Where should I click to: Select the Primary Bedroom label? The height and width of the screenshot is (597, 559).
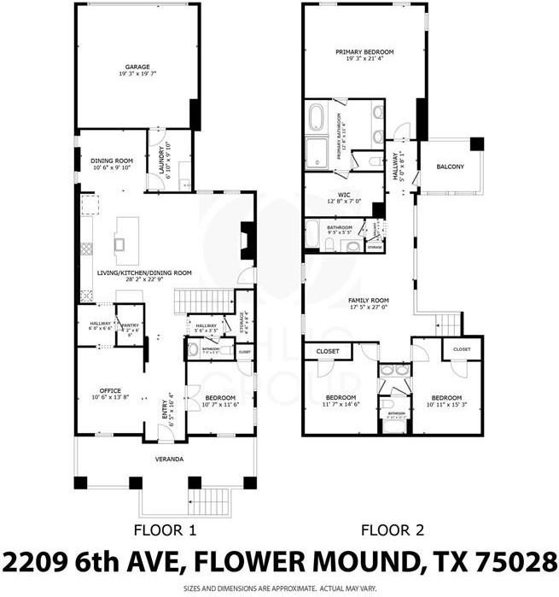click(x=365, y=52)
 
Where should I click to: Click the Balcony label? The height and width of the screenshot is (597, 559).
click(x=450, y=166)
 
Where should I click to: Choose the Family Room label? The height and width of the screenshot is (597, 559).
click(x=368, y=301)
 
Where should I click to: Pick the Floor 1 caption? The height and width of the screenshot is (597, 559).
click(x=166, y=530)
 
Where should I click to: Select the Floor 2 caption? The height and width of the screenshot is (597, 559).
click(x=393, y=530)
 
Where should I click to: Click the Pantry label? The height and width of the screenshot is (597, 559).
click(x=130, y=325)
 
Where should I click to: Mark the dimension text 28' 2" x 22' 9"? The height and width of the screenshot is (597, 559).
click(x=143, y=279)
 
